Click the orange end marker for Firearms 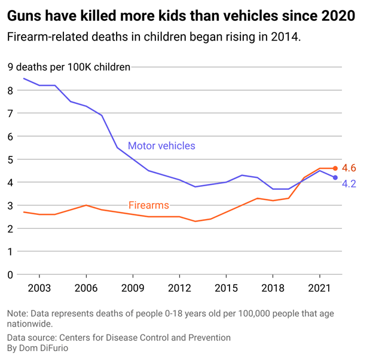click(x=335, y=168)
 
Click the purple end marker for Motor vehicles click(x=335, y=178)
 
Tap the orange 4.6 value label click(x=349, y=168)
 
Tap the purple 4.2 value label click(x=349, y=184)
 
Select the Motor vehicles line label click(x=161, y=146)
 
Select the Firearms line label click(x=149, y=205)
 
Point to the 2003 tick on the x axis click(x=39, y=289)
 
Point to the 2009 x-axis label click(x=132, y=289)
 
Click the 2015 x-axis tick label click(x=226, y=289)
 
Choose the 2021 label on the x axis click(x=319, y=289)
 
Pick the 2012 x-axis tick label click(x=179, y=289)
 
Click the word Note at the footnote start click(x=18, y=313)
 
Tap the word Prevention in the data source click(x=209, y=337)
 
